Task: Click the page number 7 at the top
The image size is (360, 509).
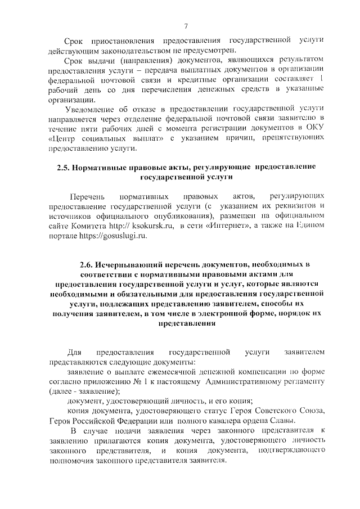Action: (186, 25)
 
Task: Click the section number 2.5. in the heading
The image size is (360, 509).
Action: (64, 167)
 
